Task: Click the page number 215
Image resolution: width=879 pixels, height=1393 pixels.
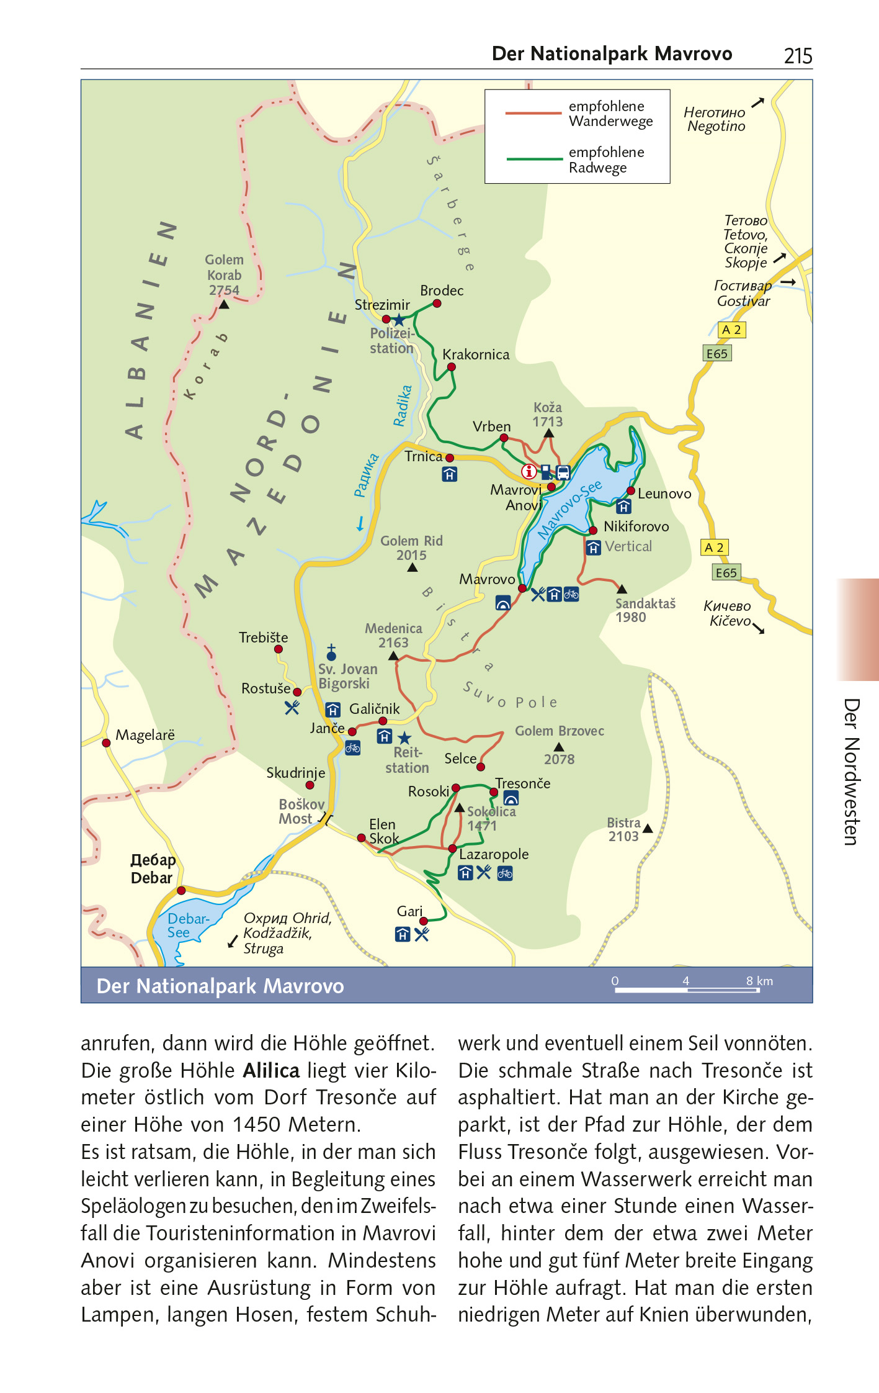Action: point(798,56)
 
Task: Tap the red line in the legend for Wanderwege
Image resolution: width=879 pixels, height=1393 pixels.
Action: point(533,114)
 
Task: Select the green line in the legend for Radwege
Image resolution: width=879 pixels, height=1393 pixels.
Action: point(534,160)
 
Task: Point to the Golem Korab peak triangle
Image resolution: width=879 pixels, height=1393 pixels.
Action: point(224,305)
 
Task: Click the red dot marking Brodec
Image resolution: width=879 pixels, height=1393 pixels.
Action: point(437,304)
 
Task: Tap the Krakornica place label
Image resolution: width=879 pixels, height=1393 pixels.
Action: point(476,354)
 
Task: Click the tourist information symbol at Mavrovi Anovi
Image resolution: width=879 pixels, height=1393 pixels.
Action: point(529,471)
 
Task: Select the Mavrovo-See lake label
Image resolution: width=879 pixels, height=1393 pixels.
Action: point(569,508)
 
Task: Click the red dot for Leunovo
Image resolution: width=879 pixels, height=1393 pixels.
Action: point(630,491)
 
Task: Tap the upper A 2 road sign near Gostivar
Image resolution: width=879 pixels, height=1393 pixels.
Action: point(731,330)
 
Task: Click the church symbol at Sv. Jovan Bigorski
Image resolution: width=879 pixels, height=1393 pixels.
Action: point(331,652)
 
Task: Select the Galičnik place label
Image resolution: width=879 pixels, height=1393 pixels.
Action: point(375,709)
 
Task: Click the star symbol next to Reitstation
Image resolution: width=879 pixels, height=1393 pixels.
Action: point(404,737)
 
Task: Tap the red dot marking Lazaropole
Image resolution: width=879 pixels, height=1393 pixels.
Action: point(452,848)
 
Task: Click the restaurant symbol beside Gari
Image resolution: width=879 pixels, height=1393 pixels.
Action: point(422,934)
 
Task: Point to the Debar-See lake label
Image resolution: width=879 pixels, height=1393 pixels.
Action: point(187,926)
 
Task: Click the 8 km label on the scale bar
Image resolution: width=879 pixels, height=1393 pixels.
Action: point(759,981)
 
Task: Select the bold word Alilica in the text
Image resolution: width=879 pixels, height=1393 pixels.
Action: point(271,1070)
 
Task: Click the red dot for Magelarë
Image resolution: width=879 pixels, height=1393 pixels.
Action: point(106,742)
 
